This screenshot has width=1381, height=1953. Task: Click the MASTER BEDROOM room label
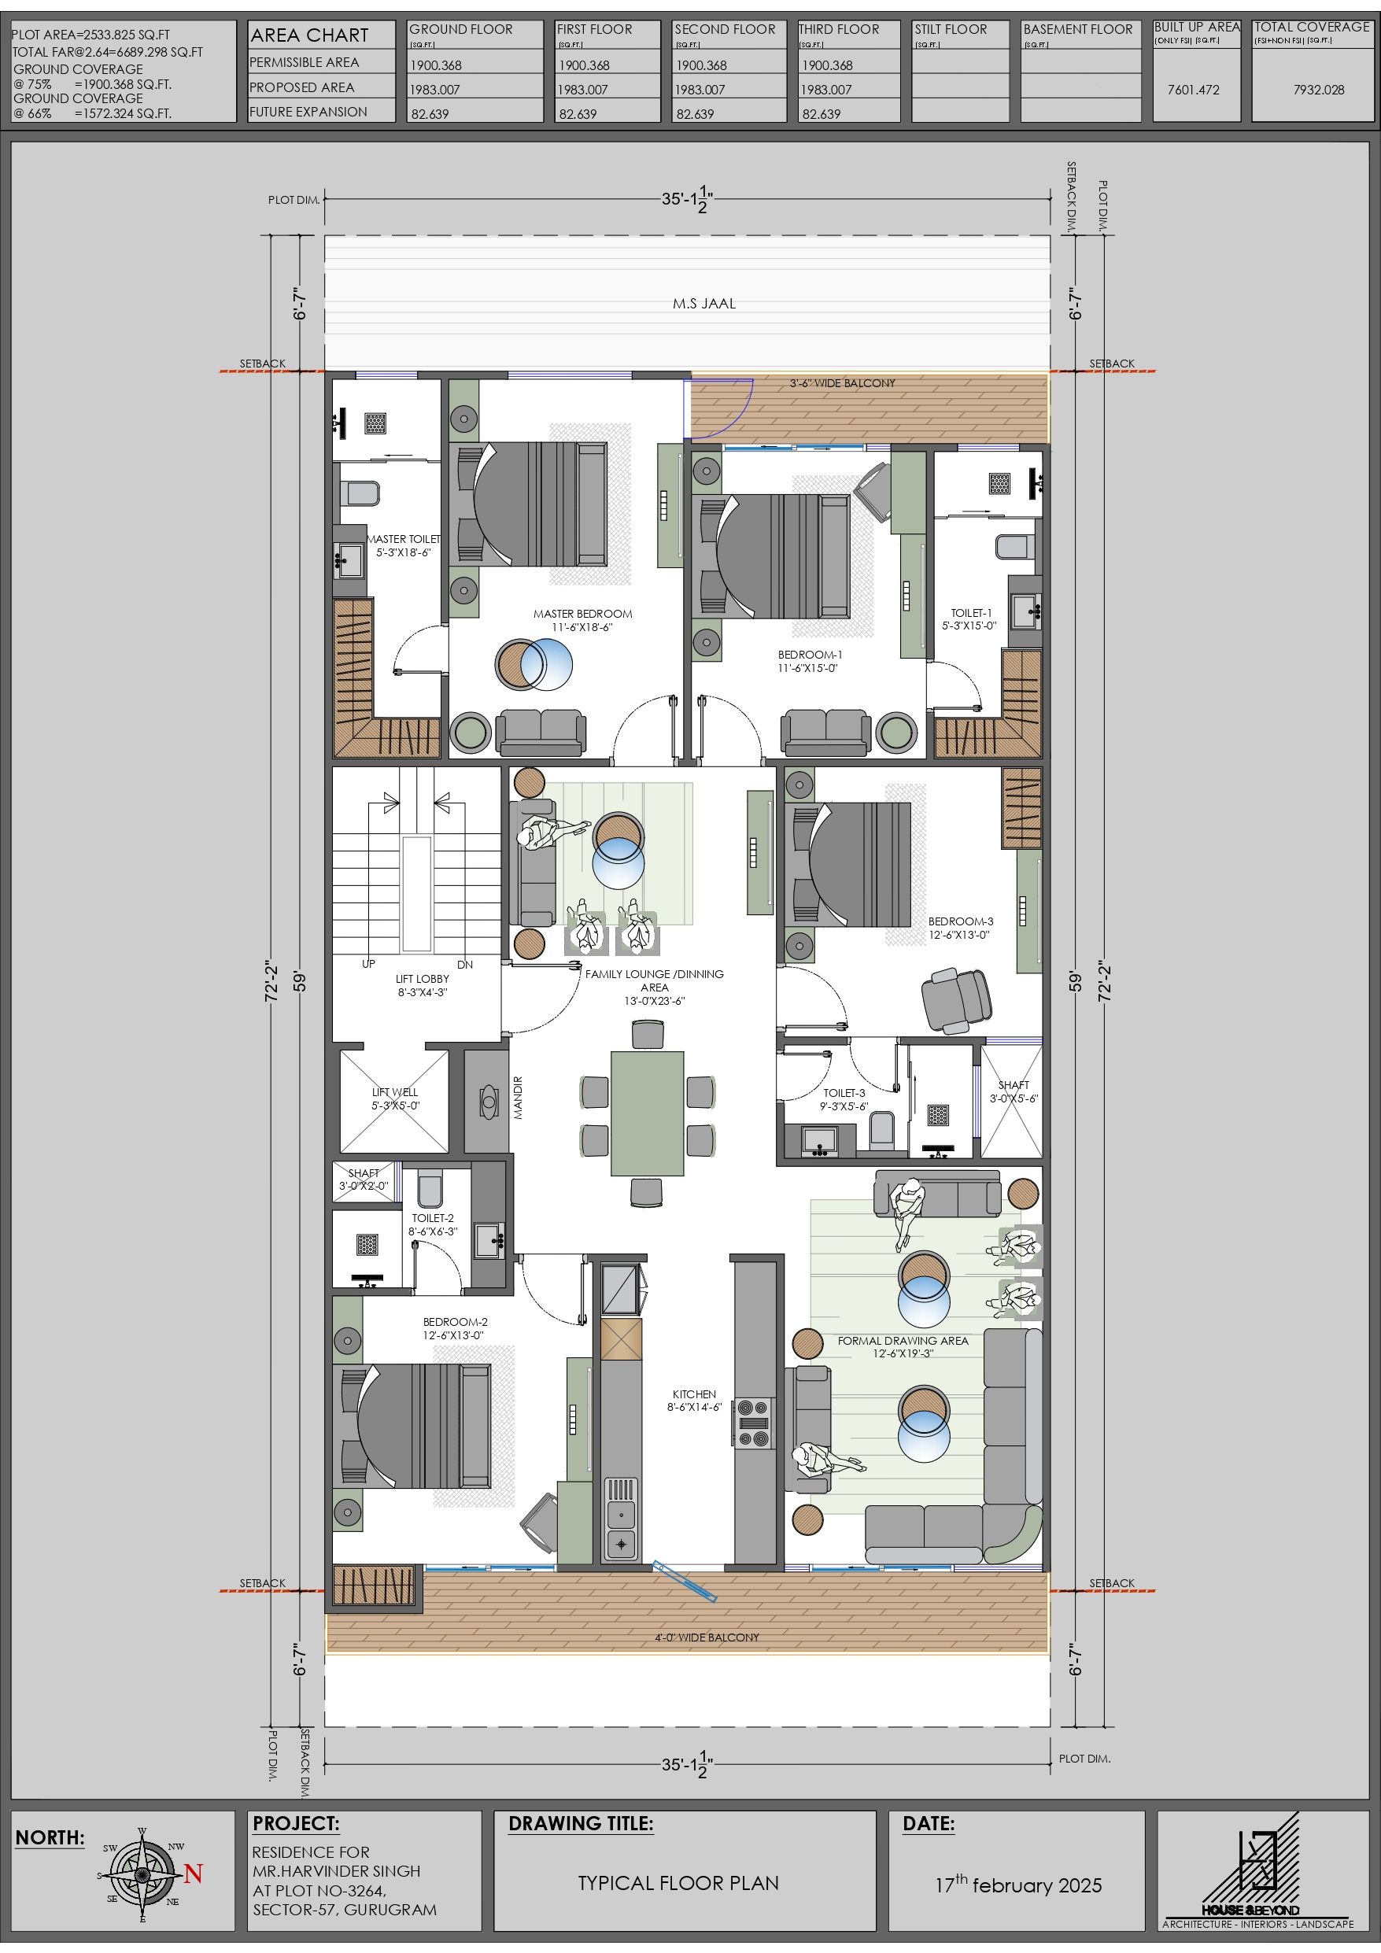click(583, 613)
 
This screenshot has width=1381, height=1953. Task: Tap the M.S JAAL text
click(703, 304)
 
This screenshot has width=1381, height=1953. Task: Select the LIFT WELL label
click(395, 1092)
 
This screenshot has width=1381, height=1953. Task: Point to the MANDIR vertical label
click(519, 1098)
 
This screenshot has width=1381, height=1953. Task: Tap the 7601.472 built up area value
click(1193, 90)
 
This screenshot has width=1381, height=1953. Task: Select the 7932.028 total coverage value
click(1319, 90)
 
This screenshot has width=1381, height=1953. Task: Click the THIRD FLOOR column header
click(839, 30)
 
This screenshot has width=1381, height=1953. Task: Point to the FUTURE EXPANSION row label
click(308, 112)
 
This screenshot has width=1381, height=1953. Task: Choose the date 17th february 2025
click(1017, 1885)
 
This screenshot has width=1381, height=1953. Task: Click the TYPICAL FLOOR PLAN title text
click(678, 1883)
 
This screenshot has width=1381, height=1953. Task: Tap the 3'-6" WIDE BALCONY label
click(843, 382)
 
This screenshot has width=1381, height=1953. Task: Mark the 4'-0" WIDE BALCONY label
click(707, 1637)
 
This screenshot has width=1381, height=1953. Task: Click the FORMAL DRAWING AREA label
click(903, 1341)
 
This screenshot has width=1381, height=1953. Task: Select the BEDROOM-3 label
click(961, 921)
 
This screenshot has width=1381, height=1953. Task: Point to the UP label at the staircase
click(368, 965)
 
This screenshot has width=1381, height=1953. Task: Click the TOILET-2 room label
click(433, 1218)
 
